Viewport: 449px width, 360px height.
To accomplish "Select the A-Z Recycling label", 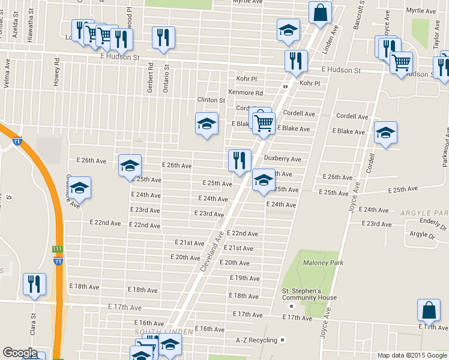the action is coord(256,340).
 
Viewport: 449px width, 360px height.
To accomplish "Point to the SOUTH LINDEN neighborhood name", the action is coord(155,332).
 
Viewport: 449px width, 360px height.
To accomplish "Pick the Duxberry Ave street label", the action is coord(282,159).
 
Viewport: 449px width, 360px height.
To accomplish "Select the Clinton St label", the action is coord(211,100).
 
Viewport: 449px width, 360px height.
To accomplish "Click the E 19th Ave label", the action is coord(245,278).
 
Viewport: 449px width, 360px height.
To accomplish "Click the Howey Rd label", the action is coord(57,70).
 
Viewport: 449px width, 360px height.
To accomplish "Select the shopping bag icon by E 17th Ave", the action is coord(429,310).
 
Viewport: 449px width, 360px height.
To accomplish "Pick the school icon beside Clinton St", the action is coord(206,124).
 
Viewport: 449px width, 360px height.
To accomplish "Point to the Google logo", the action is coord(19,353).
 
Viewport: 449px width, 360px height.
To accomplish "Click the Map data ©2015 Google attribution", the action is coord(411,355).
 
